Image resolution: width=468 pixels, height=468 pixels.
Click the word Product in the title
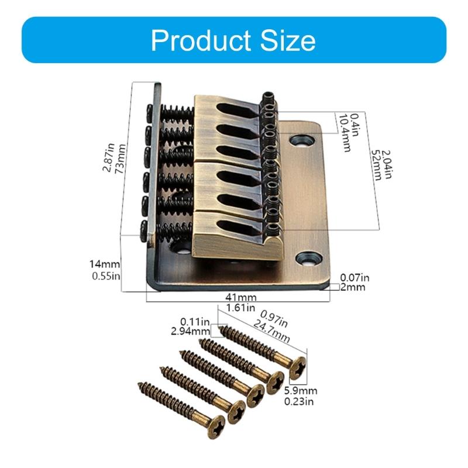pos(201,40)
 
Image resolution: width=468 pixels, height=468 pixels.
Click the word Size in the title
pos(288,40)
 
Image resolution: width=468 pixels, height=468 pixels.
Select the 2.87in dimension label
pos(109,157)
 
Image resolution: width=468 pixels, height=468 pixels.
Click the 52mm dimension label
pos(377,165)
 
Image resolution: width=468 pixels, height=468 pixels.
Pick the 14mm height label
pos(105,264)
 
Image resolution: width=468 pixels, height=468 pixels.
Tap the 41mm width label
pos(241,297)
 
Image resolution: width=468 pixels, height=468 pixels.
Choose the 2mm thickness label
pos(353,287)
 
